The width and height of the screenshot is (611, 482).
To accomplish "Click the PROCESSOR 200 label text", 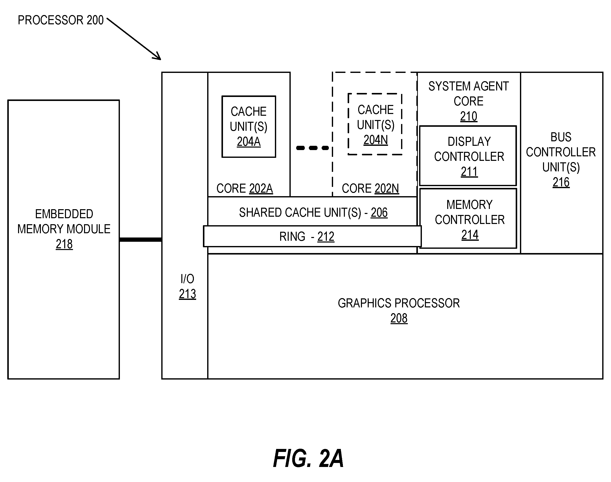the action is point(61,20).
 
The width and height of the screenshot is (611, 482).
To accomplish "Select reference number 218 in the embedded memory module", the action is point(64,244).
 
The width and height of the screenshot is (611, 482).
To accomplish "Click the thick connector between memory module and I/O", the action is point(140,239).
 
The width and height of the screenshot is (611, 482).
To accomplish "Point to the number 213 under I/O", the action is point(187,294).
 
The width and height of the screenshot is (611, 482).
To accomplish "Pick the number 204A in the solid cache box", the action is point(249,142).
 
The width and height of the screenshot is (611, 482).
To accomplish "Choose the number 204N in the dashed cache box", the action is point(375,140).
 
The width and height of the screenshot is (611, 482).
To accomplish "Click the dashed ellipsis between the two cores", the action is point(313,148).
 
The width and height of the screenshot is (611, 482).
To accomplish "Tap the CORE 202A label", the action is point(245,188).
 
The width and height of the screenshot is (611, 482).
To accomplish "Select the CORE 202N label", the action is point(370,188).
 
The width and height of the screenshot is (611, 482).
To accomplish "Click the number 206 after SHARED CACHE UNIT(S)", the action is point(379,212).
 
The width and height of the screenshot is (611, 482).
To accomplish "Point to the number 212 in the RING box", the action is point(326,236).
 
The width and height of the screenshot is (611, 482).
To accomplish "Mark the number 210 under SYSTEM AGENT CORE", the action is point(469,116).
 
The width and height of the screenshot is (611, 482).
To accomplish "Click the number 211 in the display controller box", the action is point(469,172).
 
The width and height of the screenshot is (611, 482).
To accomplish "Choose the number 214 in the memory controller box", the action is point(470,235).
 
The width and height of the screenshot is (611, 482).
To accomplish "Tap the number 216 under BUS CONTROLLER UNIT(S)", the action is point(561,182).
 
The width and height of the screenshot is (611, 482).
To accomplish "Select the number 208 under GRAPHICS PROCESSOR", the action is point(399,318).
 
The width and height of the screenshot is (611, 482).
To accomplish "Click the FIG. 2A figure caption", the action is point(308,458).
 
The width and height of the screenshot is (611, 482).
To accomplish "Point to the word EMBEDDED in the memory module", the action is point(64,214).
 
